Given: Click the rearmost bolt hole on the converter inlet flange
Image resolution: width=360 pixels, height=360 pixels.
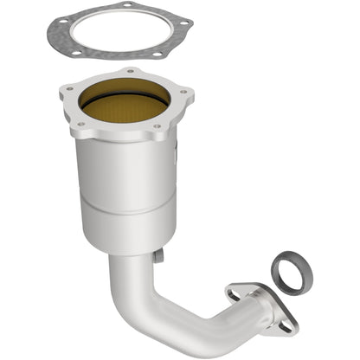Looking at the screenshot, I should click(130, 73).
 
